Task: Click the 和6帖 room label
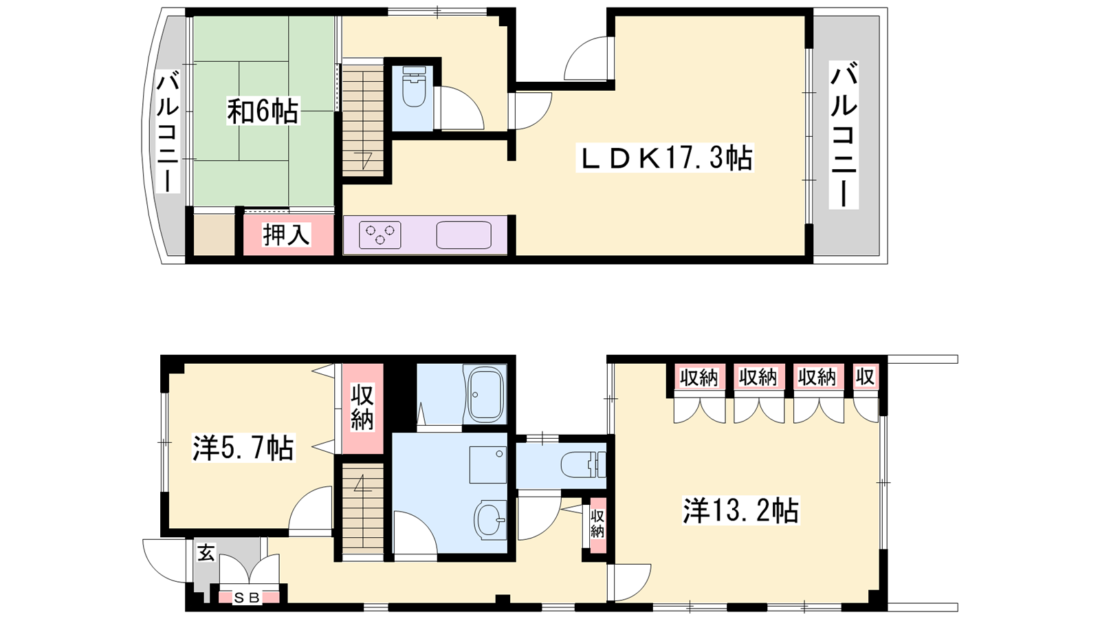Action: (x=263, y=111)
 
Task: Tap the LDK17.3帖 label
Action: (x=665, y=158)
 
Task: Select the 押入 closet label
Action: (x=286, y=235)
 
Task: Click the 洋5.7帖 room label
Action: (x=243, y=448)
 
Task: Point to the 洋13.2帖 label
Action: (x=740, y=510)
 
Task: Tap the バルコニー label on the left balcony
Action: (x=168, y=131)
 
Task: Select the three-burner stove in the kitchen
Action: (x=379, y=235)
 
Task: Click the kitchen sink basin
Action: (x=463, y=235)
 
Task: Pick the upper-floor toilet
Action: (x=414, y=87)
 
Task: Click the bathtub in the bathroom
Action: (x=485, y=394)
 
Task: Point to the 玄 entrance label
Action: (x=206, y=554)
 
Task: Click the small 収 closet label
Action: (x=866, y=378)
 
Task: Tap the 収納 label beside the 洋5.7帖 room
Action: (x=362, y=408)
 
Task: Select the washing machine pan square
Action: (x=487, y=465)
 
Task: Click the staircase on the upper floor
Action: (x=363, y=118)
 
